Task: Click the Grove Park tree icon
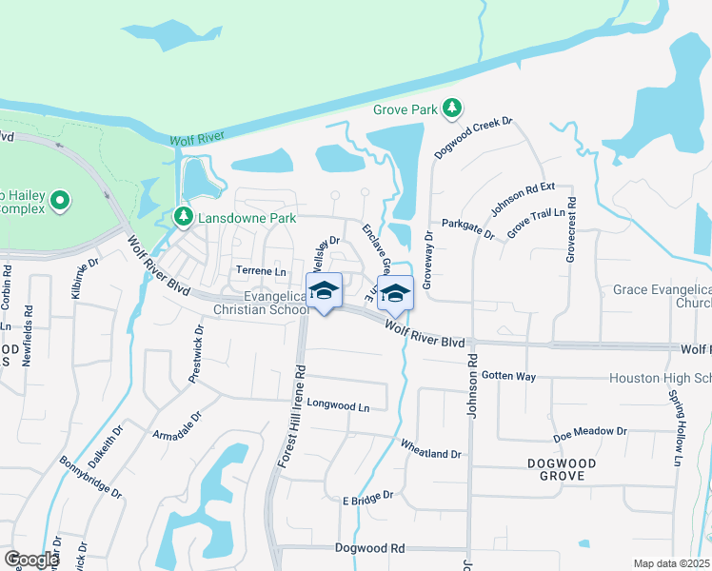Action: [x=453, y=108]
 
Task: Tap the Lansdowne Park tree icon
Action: [x=183, y=218]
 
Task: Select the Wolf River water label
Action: [x=196, y=139]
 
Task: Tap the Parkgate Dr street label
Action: [x=468, y=229]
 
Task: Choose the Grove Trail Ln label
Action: [x=536, y=226]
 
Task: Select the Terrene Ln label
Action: [x=261, y=271]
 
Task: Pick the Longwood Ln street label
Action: [x=338, y=406]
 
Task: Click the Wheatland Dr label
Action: [x=429, y=448]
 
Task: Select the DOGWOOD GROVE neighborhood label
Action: [x=562, y=471]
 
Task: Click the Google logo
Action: [x=31, y=560]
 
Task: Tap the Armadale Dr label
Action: [x=177, y=425]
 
